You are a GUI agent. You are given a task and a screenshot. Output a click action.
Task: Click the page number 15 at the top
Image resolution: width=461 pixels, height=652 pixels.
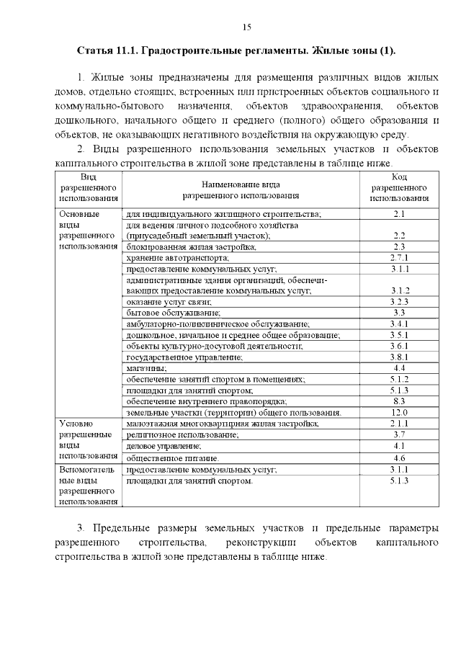pyautogui.click(x=246, y=27)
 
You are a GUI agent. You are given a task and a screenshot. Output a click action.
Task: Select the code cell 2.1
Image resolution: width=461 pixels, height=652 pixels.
pyautogui.click(x=400, y=214)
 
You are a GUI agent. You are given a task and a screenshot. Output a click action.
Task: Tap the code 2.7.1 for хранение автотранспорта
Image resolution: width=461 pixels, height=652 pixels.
pyautogui.click(x=400, y=257)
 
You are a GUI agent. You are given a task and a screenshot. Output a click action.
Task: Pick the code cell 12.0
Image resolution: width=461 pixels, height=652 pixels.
pyautogui.click(x=400, y=412)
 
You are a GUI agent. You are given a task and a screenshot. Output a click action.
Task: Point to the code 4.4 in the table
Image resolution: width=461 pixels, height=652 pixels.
pyautogui.click(x=400, y=367)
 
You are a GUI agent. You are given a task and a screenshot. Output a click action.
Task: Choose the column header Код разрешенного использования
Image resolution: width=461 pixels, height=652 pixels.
pyautogui.click(x=400, y=187)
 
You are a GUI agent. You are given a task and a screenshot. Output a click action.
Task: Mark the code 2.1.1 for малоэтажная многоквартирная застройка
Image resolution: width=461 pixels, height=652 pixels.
pyautogui.click(x=400, y=424)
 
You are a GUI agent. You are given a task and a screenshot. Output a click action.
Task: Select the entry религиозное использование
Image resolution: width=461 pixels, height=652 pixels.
pyautogui.click(x=182, y=435)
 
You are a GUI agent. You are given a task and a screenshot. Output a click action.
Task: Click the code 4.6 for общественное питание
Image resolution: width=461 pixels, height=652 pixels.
pyautogui.click(x=400, y=457)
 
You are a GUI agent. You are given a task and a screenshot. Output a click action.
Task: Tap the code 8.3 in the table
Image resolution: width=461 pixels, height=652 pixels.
pyautogui.click(x=400, y=401)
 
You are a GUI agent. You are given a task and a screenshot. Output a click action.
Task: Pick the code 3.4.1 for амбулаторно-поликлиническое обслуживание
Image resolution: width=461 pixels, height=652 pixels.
pyautogui.click(x=400, y=324)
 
